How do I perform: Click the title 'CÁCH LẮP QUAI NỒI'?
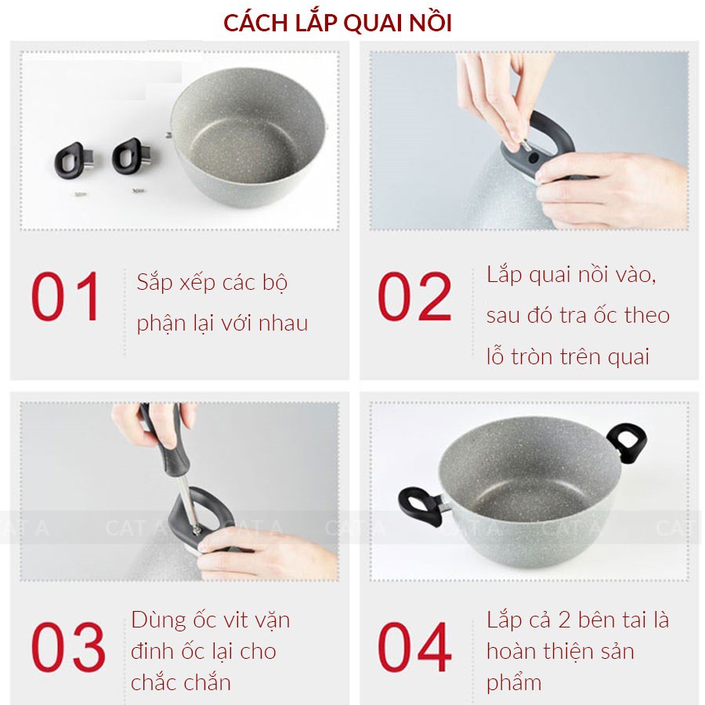[337, 23]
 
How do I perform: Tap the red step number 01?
[66, 296]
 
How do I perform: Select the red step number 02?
[414, 296]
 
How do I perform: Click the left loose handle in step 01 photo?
[74, 161]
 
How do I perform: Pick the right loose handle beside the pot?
[132, 156]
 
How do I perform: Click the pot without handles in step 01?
[248, 137]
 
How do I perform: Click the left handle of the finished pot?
[421, 507]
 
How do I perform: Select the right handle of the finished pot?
[627, 442]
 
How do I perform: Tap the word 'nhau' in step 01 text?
[284, 324]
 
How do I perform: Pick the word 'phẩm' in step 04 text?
[513, 684]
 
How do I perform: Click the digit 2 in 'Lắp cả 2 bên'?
[564, 620]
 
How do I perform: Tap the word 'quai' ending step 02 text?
[628, 357]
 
